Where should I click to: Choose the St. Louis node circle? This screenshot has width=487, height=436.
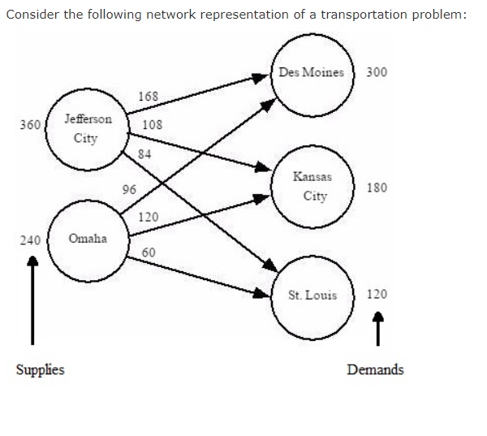coord(312,295)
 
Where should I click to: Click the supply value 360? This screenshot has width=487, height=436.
coord(30,125)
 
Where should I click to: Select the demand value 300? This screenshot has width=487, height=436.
coord(377,71)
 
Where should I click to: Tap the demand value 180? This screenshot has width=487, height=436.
coord(377,188)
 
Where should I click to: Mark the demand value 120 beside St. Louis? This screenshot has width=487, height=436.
coord(377,295)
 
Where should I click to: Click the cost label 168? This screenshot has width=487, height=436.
coord(149,97)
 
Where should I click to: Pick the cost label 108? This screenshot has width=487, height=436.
coord(152,125)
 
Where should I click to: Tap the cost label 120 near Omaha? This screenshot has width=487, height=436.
coord(148,218)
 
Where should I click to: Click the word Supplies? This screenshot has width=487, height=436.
coord(40,370)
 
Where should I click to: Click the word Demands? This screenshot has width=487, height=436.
coord(374,370)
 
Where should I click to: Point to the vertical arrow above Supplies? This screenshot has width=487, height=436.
coord(32,300)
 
